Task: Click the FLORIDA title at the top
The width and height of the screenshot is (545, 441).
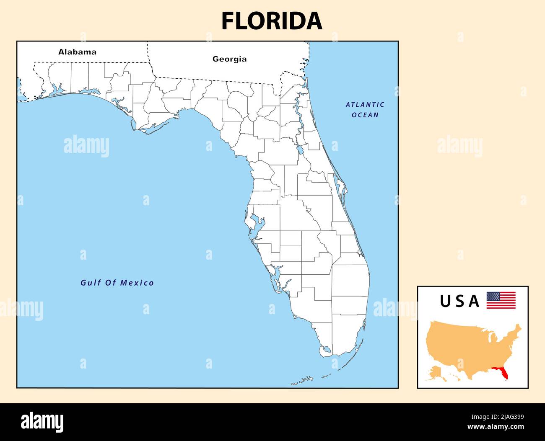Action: click(272, 21)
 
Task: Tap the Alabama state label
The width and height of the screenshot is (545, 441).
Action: click(77, 52)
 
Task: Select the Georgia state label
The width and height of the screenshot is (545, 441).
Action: click(229, 59)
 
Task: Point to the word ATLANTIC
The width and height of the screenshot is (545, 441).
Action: click(365, 105)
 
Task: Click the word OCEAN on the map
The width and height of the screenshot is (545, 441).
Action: click(365, 115)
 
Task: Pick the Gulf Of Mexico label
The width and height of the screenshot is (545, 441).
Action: click(117, 283)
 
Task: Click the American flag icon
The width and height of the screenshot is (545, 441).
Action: click(501, 300)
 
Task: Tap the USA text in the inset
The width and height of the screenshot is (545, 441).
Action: click(459, 301)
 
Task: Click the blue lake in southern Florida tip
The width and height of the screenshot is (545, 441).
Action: click(326, 349)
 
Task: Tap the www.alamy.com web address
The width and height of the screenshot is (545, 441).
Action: click(496, 427)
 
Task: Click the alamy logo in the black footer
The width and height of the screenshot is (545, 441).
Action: click(42, 422)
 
